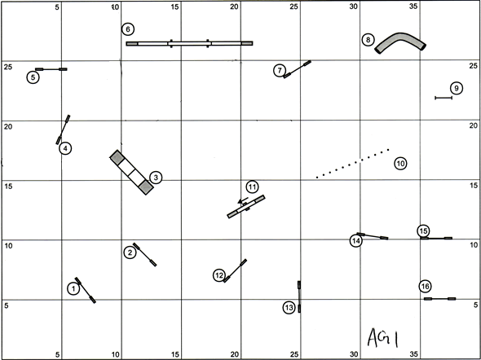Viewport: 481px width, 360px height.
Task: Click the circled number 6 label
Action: click(x=128, y=29)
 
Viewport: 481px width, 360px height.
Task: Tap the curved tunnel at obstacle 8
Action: click(x=399, y=37)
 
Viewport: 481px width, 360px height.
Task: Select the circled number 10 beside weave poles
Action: click(x=400, y=164)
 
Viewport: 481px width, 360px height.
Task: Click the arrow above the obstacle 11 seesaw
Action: click(x=243, y=201)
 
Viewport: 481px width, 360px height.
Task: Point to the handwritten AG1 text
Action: click(x=383, y=338)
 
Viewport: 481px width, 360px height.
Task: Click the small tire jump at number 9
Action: click(x=443, y=98)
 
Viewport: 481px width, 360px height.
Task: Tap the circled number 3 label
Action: click(x=156, y=178)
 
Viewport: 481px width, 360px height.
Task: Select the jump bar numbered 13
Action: click(x=299, y=296)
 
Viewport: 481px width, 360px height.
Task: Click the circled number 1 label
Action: click(x=73, y=288)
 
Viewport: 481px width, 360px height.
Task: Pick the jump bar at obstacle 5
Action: click(x=51, y=69)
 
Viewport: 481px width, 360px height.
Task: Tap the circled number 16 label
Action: click(x=425, y=286)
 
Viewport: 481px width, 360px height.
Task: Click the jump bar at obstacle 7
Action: click(x=297, y=69)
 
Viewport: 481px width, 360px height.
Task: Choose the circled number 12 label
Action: click(x=219, y=275)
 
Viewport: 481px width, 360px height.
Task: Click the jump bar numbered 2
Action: click(x=144, y=255)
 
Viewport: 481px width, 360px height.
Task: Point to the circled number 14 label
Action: click(x=355, y=241)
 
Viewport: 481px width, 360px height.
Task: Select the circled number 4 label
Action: click(x=65, y=149)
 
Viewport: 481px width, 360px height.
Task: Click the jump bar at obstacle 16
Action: click(x=440, y=298)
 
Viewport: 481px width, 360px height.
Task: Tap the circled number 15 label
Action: click(x=423, y=231)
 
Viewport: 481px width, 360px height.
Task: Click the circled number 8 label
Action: click(x=368, y=40)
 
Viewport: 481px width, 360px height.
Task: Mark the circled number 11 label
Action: click(x=252, y=187)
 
